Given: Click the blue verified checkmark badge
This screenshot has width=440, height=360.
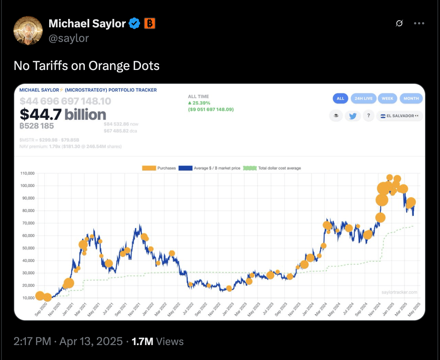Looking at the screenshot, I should [x=134, y=24].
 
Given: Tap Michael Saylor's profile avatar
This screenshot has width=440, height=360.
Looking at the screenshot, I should [x=28, y=31].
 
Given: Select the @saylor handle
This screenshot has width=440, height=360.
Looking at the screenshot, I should [x=68, y=38].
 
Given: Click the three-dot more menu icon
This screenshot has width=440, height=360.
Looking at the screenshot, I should [x=419, y=23].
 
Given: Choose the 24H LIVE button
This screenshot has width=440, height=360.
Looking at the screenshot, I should [x=364, y=98].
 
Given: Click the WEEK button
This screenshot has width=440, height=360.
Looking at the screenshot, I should [x=387, y=98].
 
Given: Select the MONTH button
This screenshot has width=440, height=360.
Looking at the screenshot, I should [x=411, y=98].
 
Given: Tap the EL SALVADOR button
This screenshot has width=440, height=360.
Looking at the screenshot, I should [x=399, y=116].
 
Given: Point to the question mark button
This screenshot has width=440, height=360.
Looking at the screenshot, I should [x=369, y=116].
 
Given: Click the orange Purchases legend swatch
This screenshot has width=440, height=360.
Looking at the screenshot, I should [x=149, y=168].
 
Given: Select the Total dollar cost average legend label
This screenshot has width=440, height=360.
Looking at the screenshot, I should [x=279, y=168].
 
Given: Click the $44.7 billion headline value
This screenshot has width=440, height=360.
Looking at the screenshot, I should [x=63, y=114].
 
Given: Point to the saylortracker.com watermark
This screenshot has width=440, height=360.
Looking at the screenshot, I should [x=399, y=292].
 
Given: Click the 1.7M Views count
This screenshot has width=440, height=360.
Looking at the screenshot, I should [x=157, y=341].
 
